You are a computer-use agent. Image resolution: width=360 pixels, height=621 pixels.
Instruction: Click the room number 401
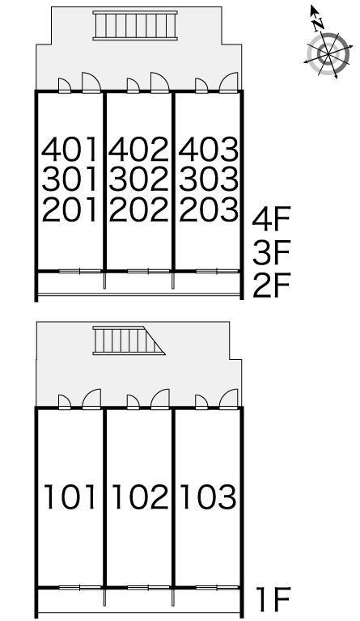pyautogui.click(x=70, y=149)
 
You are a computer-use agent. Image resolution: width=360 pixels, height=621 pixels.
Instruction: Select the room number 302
pyautogui.click(x=138, y=179)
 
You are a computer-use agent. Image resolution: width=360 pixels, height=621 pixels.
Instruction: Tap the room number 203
pyautogui.click(x=209, y=209)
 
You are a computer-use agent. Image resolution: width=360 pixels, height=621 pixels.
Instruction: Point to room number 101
pyautogui.click(x=70, y=496)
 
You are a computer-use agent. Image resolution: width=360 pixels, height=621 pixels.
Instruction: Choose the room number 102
pyautogui.click(x=140, y=496)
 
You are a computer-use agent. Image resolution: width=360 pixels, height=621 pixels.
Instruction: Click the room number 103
pyautogui.click(x=209, y=496)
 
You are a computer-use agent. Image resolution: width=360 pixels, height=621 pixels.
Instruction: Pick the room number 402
pyautogui.click(x=138, y=149)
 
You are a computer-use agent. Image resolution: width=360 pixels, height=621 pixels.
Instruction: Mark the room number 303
pyautogui.click(x=209, y=179)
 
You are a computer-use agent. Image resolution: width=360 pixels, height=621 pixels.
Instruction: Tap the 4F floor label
pyautogui.click(x=272, y=218)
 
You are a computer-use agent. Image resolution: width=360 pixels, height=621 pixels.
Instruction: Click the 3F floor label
pyautogui.click(x=272, y=252)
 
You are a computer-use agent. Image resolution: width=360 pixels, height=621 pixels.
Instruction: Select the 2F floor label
pyautogui.click(x=272, y=285)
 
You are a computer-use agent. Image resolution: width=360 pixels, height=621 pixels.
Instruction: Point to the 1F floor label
pyautogui.click(x=273, y=599)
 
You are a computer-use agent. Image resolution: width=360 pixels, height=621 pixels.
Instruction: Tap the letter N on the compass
pyautogui.click(x=318, y=24)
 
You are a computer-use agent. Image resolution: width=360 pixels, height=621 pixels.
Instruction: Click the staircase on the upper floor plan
pyautogui.click(x=135, y=25)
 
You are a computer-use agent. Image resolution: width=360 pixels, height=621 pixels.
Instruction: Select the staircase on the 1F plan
pyautogui.click(x=129, y=340)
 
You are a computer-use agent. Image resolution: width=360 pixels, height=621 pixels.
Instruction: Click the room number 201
pyautogui.click(x=70, y=209)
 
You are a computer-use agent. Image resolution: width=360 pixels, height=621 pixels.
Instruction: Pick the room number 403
pyautogui.click(x=209, y=149)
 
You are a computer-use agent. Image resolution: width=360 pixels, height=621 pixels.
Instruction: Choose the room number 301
pyautogui.click(x=70, y=179)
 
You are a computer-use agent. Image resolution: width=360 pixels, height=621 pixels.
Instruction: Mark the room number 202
pyautogui.click(x=138, y=209)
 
